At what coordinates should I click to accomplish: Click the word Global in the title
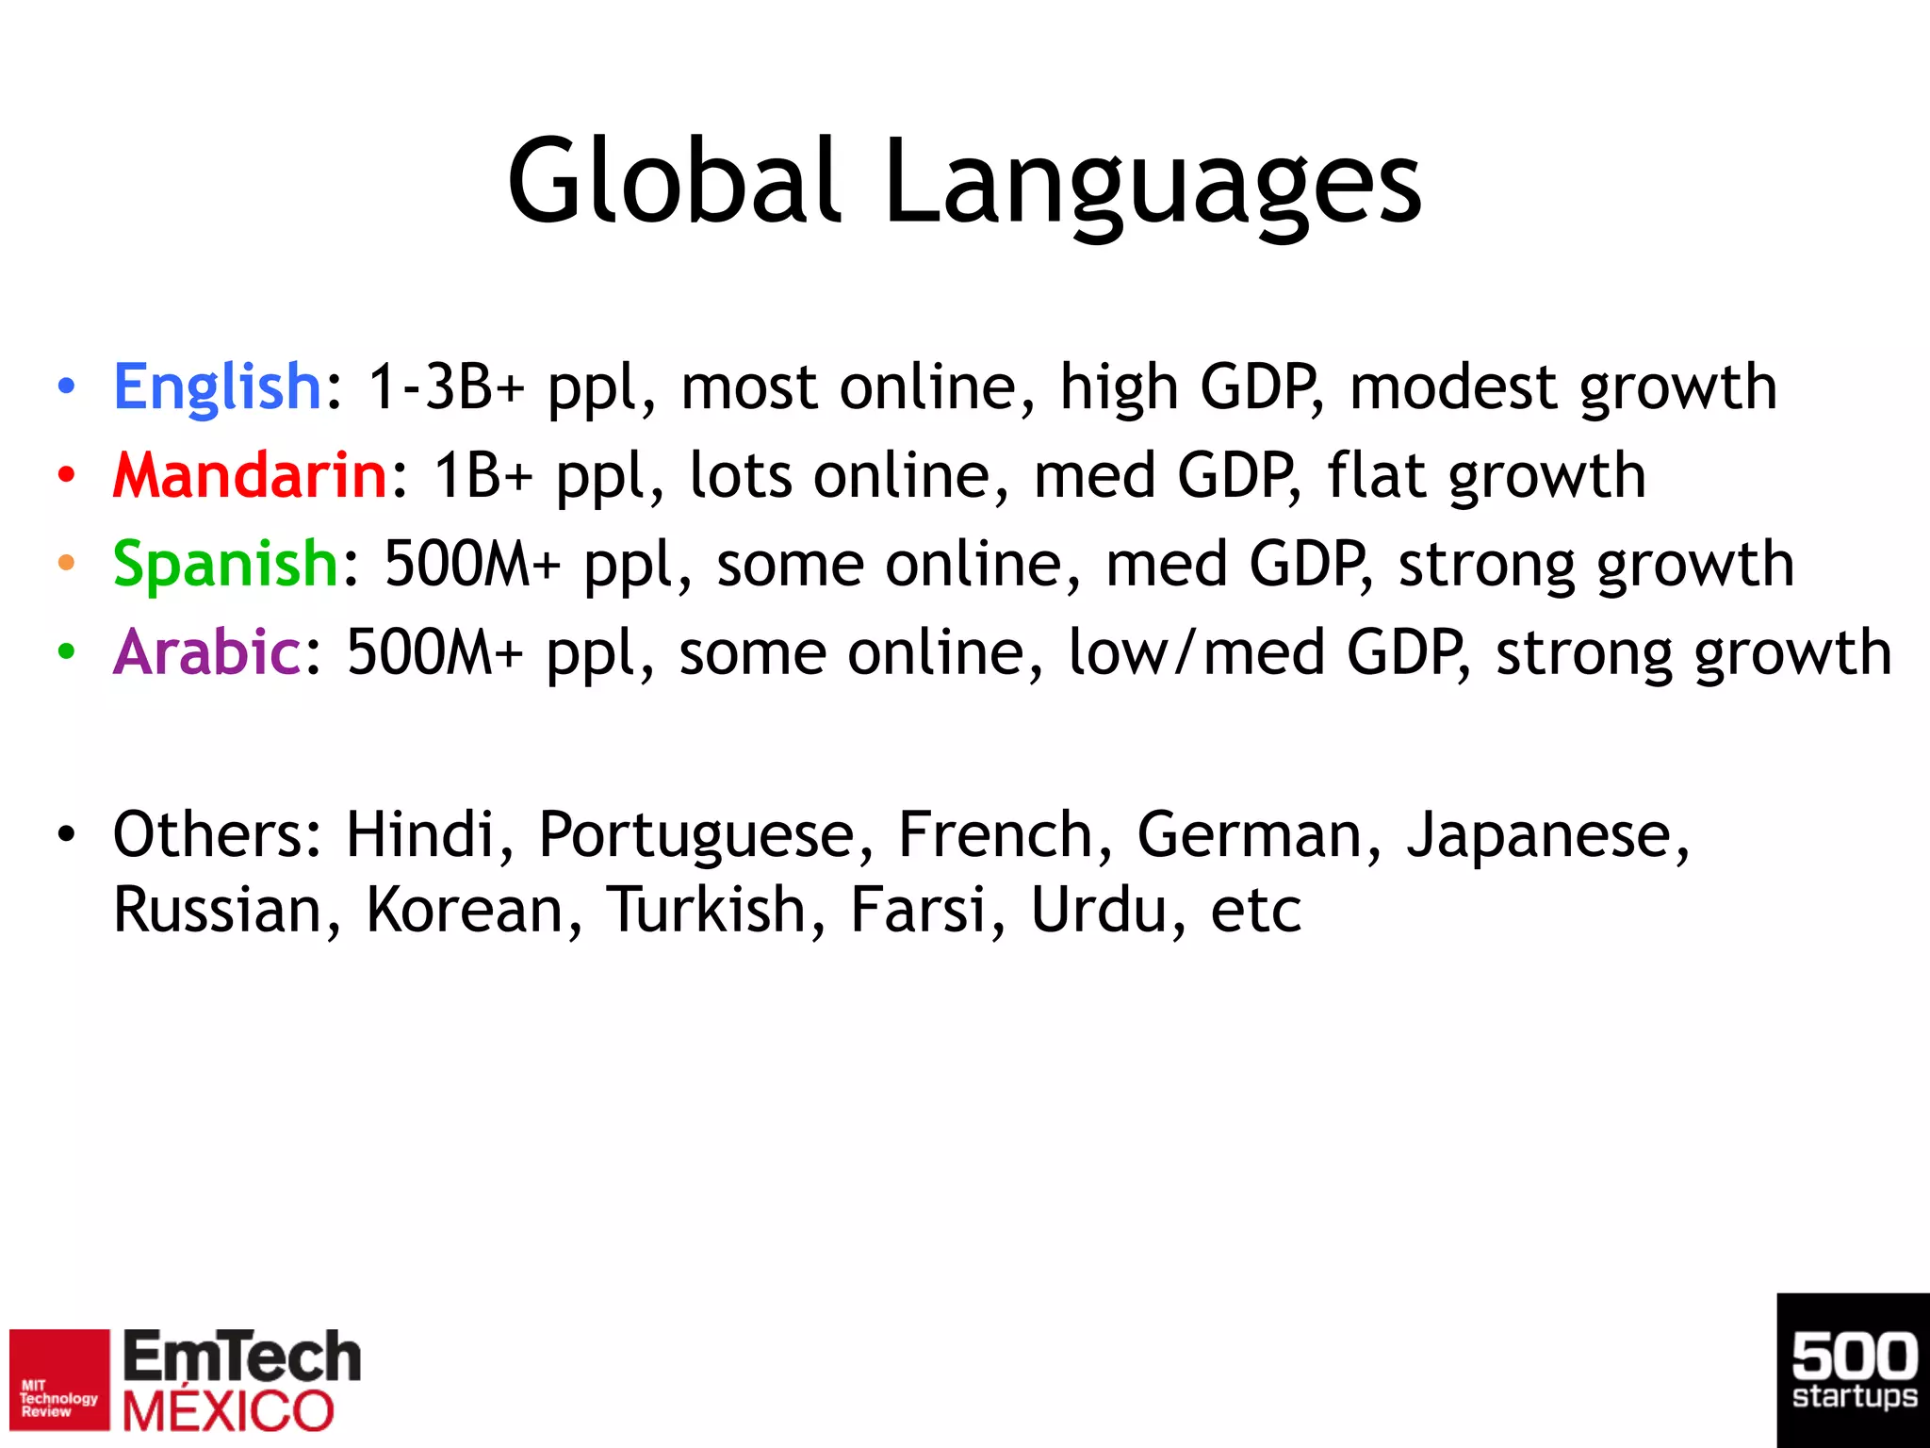click(673, 181)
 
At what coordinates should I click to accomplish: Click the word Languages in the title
click(1152, 184)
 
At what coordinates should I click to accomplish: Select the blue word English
click(218, 387)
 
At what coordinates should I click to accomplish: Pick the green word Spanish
click(225, 564)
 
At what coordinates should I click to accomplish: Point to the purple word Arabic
click(206, 651)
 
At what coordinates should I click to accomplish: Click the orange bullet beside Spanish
click(66, 564)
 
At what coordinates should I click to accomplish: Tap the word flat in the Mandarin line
click(1375, 474)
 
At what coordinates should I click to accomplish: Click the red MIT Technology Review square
click(59, 1380)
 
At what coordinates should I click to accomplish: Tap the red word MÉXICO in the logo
click(228, 1412)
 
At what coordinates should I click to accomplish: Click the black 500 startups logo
click(1853, 1371)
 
